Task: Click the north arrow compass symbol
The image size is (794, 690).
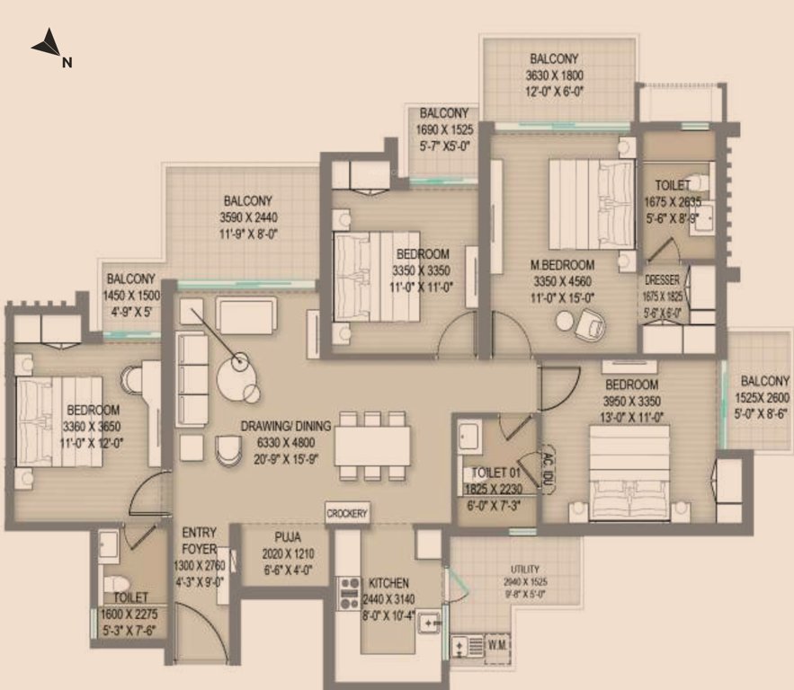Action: coord(47,46)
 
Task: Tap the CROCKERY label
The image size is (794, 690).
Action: coord(347,513)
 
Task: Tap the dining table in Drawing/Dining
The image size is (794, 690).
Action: coord(372,446)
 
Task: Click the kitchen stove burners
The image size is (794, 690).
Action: coord(348,594)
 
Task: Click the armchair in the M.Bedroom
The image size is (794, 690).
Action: coord(591,323)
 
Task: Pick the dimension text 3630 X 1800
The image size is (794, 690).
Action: coord(554,75)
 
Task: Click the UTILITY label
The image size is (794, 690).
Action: coord(523,569)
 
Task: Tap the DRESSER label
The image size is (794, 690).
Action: coord(663,280)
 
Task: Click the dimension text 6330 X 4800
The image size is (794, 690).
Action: coord(286,441)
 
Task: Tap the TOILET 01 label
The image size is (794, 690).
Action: coord(489,473)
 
